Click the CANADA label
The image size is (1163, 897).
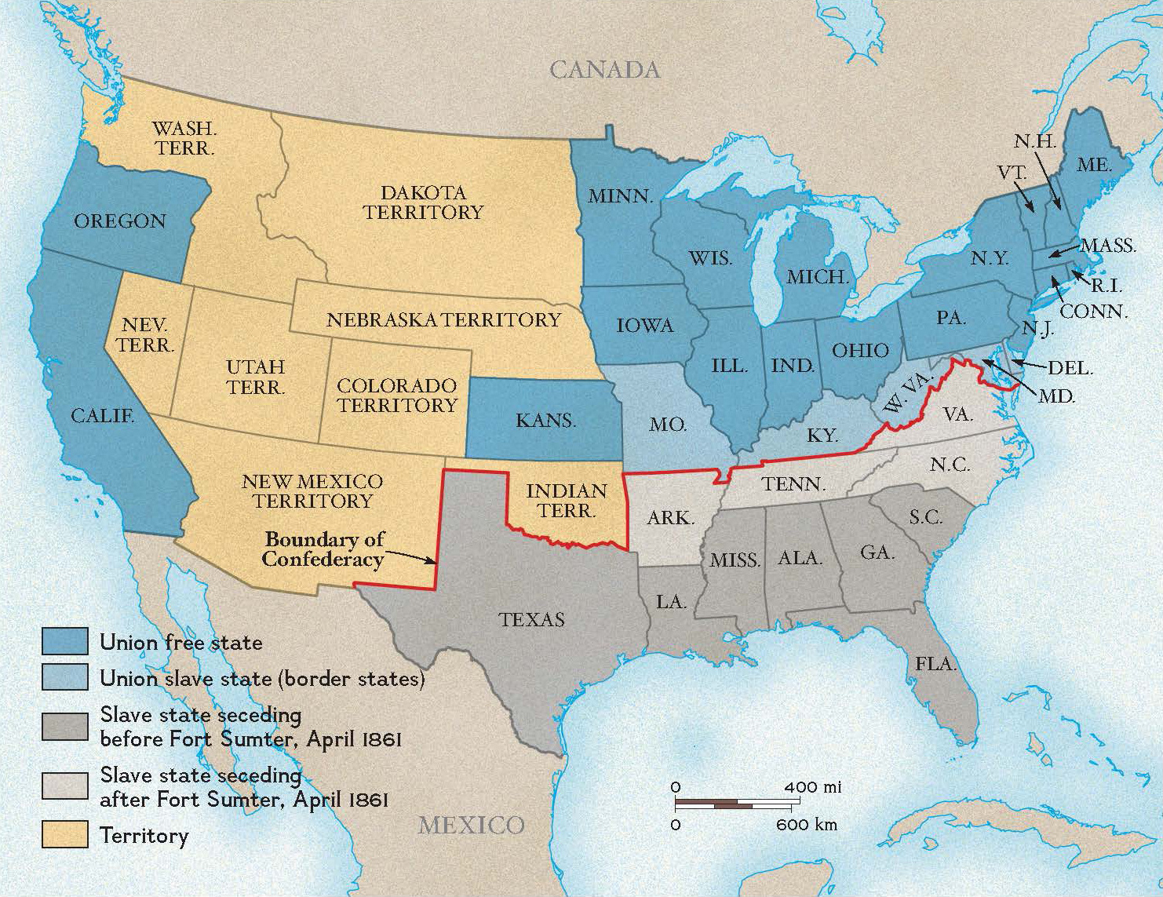[604, 70]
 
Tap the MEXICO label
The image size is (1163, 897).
[471, 825]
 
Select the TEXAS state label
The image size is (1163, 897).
[531, 619]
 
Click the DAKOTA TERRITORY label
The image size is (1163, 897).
[423, 202]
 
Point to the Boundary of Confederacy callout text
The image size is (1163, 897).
[324, 549]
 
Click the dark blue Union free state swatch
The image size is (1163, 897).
[64, 641]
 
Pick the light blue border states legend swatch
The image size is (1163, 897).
[64, 677]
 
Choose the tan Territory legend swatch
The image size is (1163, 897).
[64, 834]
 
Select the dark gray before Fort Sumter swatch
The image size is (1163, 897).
[64, 726]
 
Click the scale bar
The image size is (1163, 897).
[732, 804]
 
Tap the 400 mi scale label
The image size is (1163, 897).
[812, 786]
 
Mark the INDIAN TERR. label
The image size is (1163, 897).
[566, 501]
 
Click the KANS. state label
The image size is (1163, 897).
[545, 421]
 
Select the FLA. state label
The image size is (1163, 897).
[935, 663]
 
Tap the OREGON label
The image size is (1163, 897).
[120, 221]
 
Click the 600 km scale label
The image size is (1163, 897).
[806, 824]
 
